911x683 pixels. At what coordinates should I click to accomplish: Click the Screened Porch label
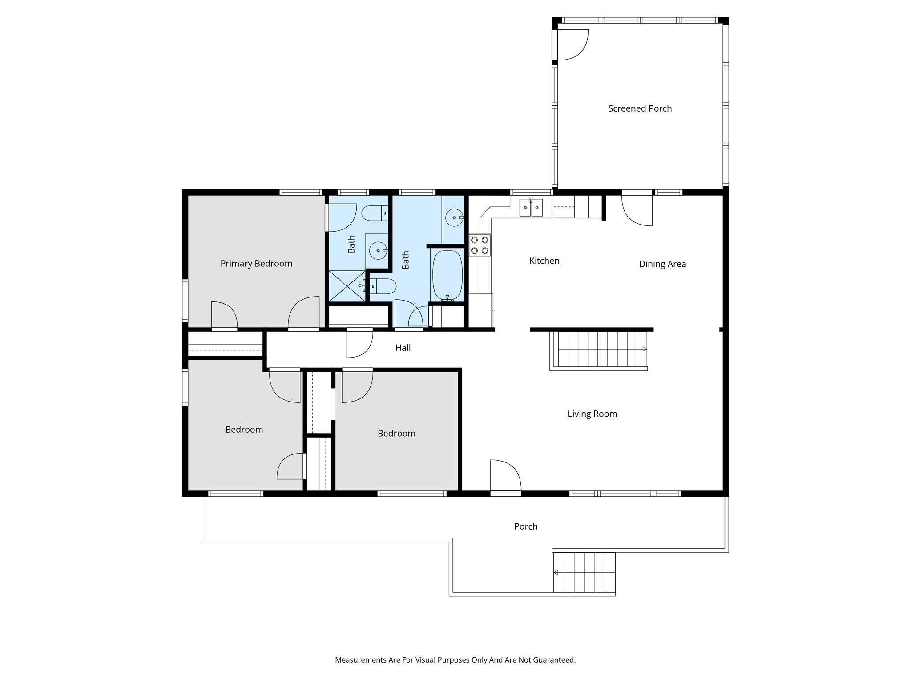640,108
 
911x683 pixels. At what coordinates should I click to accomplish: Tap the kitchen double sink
531,208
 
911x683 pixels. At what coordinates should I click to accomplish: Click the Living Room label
592,414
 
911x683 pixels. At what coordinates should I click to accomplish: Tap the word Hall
403,348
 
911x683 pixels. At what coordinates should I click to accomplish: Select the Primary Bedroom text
256,264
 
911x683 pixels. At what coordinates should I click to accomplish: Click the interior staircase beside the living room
598,350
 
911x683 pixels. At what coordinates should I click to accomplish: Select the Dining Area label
662,264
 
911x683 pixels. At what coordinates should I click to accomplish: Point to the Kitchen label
544,261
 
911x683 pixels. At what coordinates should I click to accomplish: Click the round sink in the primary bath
378,251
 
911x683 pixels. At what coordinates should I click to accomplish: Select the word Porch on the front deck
526,526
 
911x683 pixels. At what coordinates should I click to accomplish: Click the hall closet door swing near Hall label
359,343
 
